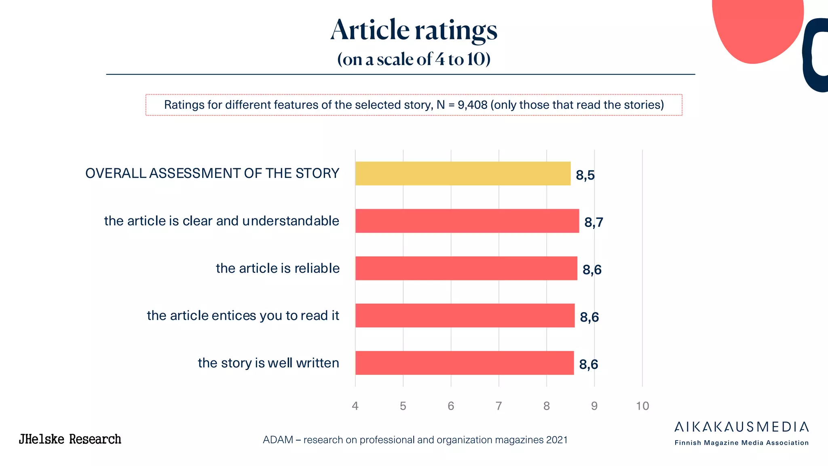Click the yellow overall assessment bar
(463, 174)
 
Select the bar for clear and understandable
(467, 221)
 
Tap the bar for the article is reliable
(466, 268)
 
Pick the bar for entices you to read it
(465, 316)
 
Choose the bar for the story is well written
(465, 363)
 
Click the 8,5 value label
(585, 175)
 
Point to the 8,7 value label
(594, 222)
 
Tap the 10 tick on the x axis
(642, 406)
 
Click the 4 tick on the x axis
(355, 406)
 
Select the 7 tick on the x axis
(498, 406)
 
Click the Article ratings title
(414, 30)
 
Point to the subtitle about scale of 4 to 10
(414, 59)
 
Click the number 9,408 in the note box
(472, 105)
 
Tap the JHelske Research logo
(70, 439)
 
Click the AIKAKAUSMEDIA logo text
(741, 427)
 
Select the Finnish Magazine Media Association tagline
(741, 443)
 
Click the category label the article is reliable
(278, 268)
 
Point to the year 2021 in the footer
(557, 440)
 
